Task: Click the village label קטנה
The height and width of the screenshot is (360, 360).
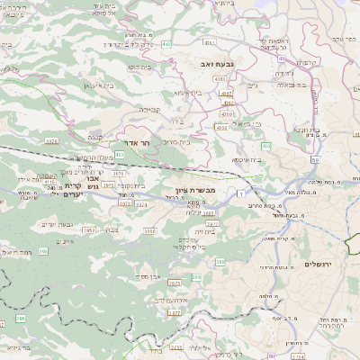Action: tap(95, 137)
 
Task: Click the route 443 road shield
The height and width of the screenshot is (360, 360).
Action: tap(167, 42)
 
